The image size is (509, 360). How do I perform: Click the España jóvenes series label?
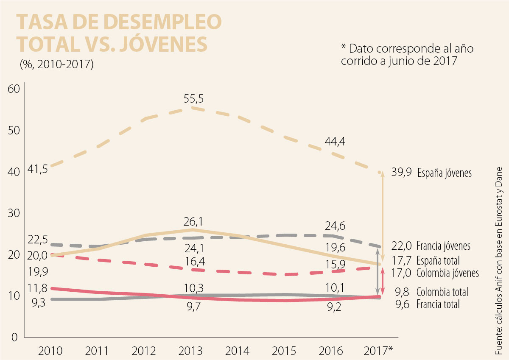click(444, 173)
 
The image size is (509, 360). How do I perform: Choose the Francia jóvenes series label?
click(443, 246)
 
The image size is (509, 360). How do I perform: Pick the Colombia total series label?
click(442, 292)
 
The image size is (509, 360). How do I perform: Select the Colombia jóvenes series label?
click(447, 273)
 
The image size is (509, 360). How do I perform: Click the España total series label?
click(438, 260)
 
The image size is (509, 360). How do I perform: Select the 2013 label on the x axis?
click(190, 351)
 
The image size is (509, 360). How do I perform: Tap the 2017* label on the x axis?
click(378, 351)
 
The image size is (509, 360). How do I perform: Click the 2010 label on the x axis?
click(50, 351)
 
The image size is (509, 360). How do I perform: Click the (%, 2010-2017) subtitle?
click(56, 64)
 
